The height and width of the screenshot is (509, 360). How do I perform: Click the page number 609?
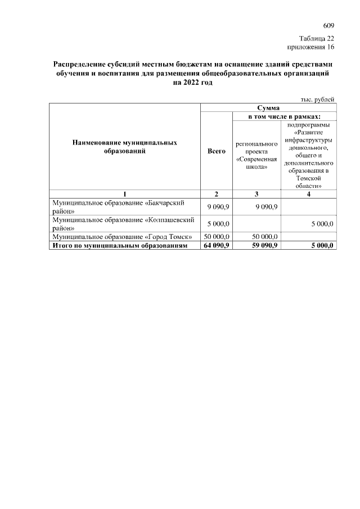(329, 26)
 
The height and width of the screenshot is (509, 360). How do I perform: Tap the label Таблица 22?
(317, 38)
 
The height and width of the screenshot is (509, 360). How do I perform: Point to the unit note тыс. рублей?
(318, 98)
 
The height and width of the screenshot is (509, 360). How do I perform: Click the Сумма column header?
(268, 107)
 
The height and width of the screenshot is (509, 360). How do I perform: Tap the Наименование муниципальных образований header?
(125, 147)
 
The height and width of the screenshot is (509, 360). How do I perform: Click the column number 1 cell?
(125, 194)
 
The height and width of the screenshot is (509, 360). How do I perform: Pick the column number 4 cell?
(308, 194)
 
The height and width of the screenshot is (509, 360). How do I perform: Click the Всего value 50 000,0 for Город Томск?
(216, 237)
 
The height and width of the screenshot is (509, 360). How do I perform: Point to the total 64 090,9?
(216, 245)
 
